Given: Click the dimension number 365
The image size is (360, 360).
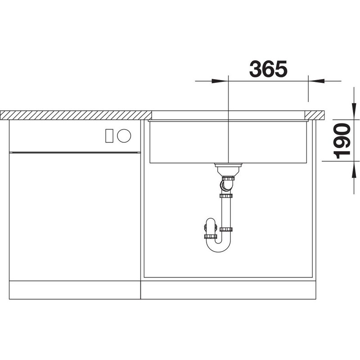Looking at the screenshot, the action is pos(268,68).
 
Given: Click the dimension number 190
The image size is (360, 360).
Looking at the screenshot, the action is pos(342,141).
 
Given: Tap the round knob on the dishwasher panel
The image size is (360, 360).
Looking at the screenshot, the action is pos(124,136).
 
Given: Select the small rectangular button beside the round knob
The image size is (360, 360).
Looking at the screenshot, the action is pos(109,136).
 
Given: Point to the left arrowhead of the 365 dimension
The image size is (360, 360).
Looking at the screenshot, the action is pos(220,81).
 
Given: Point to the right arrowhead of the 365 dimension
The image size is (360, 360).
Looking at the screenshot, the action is pos(316,81).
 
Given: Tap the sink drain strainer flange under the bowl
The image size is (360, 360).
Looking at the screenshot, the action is pos(228,165).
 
